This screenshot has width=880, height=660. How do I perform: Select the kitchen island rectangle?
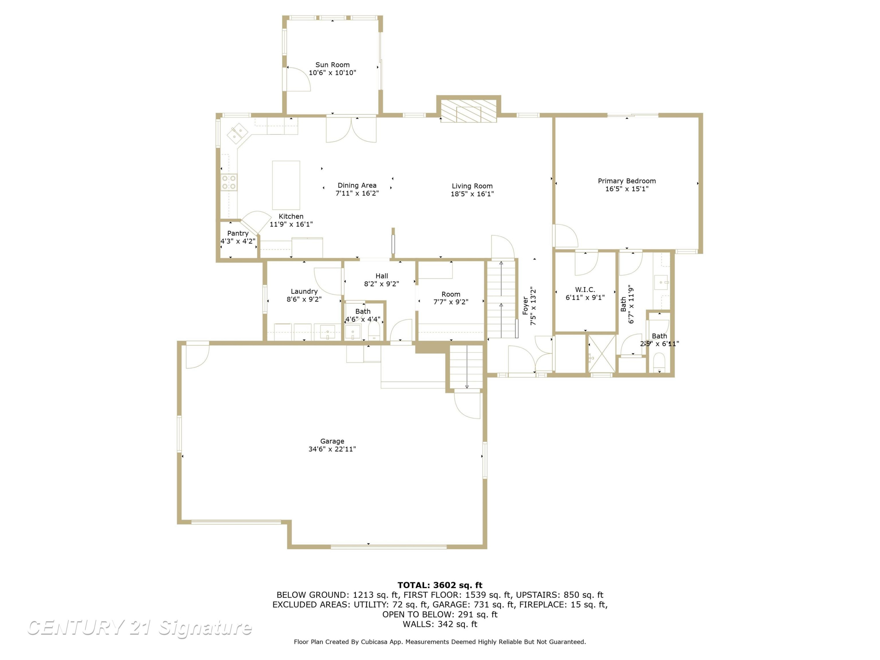point(286,185)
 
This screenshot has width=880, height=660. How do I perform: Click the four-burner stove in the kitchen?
point(229,183)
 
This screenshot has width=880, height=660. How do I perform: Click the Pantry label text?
point(238,233)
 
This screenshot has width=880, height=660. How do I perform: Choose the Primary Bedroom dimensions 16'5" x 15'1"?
point(627,189)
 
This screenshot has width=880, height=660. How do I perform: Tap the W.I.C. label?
point(585,290)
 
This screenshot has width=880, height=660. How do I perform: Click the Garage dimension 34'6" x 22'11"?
point(332,449)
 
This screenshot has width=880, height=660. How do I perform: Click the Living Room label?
point(472,186)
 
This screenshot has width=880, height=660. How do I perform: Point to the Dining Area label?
point(357,185)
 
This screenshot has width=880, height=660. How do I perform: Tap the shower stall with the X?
point(602,354)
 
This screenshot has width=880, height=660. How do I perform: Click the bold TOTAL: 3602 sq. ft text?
point(440,585)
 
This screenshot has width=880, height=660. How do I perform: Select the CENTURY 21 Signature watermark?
point(139,628)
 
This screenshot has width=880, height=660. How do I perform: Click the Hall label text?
point(382,276)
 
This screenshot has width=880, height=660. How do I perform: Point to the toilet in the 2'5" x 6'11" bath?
point(659,363)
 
